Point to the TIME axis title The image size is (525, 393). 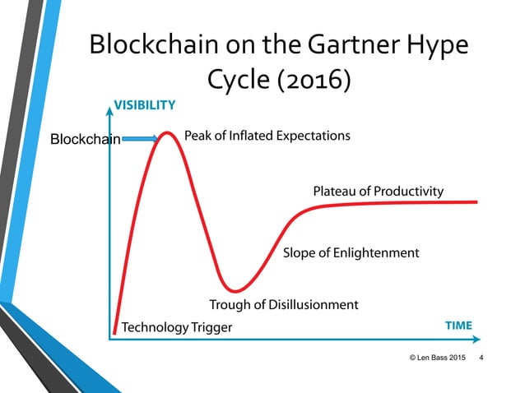tap(458, 326)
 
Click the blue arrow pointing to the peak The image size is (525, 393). tap(139, 139)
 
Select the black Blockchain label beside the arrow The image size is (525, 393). tap(86, 140)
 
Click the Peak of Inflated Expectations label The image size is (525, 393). tap(267, 136)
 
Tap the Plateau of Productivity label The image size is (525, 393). tap(378, 192)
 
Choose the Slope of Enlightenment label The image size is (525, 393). tap(351, 252)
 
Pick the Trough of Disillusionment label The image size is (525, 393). tap(283, 305)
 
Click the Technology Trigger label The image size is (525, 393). tap(177, 328)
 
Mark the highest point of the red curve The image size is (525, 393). tap(170, 133)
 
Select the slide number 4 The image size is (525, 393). tap(481, 358)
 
